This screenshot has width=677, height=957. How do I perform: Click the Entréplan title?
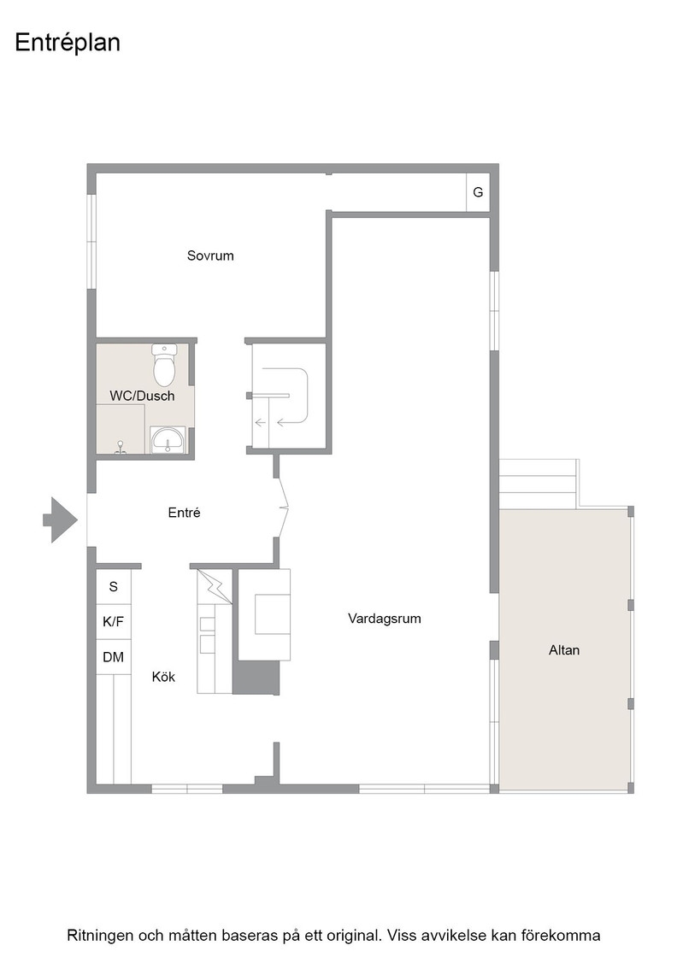68,44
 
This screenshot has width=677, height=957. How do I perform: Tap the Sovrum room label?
210,255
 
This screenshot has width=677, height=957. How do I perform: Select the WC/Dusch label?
142,396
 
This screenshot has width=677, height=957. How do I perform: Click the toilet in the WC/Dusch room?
164,365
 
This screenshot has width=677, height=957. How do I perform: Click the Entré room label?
185,513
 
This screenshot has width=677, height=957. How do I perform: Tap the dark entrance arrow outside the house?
61,520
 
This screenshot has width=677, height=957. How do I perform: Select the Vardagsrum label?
385,619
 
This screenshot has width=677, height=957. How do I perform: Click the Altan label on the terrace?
564,650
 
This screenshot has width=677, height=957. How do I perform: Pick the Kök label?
163,677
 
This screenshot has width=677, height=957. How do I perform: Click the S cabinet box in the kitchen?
114,586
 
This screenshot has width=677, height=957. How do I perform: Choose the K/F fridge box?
114,622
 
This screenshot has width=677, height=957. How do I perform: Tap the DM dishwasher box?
114,657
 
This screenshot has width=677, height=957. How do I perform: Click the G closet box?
478,192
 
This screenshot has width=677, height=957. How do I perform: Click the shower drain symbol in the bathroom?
121,448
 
